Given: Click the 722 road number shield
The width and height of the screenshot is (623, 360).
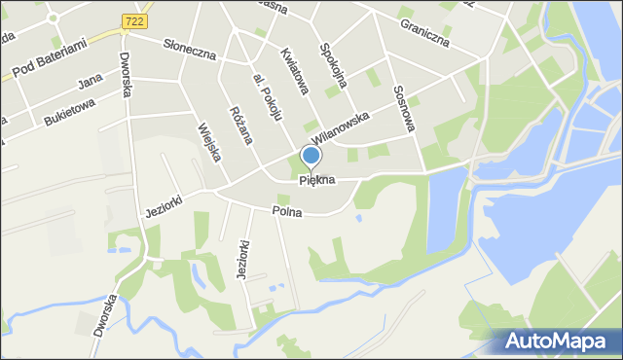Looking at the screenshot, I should point(134,20).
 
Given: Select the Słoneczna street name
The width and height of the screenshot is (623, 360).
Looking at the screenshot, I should point(189,49).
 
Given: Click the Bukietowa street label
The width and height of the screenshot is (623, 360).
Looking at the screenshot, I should point(69,111).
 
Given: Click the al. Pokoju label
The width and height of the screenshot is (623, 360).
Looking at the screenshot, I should point(267,97).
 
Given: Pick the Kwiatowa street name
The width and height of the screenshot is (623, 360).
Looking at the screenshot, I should point(293,71).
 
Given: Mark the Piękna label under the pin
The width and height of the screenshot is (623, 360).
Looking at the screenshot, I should point(316,180).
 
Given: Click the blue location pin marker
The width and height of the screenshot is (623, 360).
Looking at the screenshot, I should point(311,156).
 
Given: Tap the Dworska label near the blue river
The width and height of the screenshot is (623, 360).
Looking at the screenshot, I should point(106,314).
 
